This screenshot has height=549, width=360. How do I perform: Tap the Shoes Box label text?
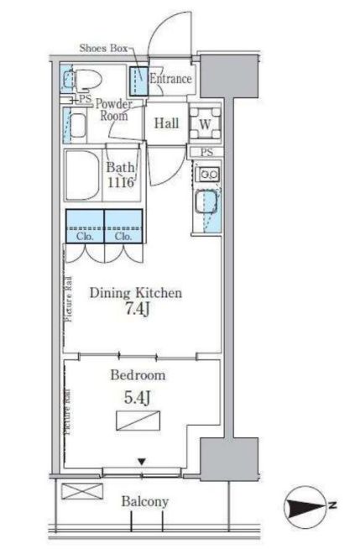click(103, 48)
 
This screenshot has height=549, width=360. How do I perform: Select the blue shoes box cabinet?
click(139, 81)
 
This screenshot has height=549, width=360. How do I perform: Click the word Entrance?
click(170, 78)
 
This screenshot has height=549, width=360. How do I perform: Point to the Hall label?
click(166, 123)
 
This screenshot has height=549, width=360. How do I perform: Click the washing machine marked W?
click(205, 123)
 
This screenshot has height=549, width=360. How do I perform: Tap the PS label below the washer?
click(206, 152)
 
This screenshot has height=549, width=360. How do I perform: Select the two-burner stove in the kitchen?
click(207, 174)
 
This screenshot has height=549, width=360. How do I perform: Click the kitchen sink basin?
click(206, 202)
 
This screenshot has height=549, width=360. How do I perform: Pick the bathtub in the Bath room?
click(83, 175)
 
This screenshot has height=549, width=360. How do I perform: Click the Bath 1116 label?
click(120, 175)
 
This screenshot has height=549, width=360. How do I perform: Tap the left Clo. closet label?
click(85, 237)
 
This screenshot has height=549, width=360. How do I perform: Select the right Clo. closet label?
click(123, 237)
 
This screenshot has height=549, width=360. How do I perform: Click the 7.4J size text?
click(137, 309)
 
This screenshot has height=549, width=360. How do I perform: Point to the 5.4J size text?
click(137, 398)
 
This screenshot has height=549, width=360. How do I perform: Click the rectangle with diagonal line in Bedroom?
click(138, 421)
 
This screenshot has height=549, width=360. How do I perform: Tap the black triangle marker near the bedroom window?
click(141, 463)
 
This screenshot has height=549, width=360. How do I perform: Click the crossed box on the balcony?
click(82, 491)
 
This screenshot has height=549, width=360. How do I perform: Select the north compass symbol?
click(307, 505)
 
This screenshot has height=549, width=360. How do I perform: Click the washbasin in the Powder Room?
click(77, 126)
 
